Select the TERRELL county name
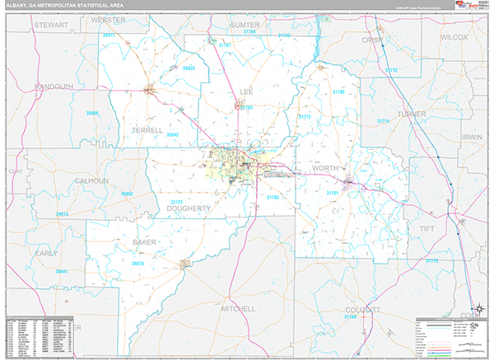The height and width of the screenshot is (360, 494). (147, 130)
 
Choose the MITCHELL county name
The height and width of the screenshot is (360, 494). (239, 309)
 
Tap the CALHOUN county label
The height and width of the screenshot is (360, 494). (91, 181)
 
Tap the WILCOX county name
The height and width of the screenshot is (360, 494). (453, 38)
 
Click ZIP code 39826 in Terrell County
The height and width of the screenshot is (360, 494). (189, 68)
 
